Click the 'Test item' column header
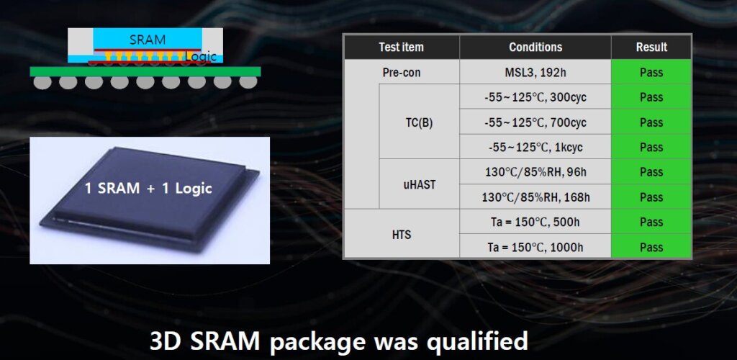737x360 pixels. pyautogui.click(x=402, y=47)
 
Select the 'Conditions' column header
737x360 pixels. pyautogui.click(x=535, y=47)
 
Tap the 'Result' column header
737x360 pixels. pyautogui.click(x=651, y=47)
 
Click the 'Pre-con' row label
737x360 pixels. pyautogui.click(x=402, y=73)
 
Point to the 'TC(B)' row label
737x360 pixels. pyautogui.click(x=420, y=122)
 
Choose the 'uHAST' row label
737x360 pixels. pyautogui.click(x=420, y=185)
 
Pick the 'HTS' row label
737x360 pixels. pyautogui.click(x=402, y=235)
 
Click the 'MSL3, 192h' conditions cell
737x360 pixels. pyautogui.click(x=535, y=73)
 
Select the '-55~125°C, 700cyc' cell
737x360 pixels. pyautogui.click(x=535, y=122)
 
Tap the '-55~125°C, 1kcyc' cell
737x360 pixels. pyautogui.click(x=535, y=148)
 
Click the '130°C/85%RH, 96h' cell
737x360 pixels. pyautogui.click(x=535, y=172)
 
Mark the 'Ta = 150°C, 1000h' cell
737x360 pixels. pyautogui.click(x=535, y=247)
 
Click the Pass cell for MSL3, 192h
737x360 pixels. pyautogui.click(x=651, y=73)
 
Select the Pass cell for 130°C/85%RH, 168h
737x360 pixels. pyautogui.click(x=651, y=197)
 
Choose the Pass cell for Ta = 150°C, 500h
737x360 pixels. pyautogui.click(x=651, y=222)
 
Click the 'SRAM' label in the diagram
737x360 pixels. pyautogui.click(x=148, y=40)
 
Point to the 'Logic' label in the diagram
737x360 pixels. pyautogui.click(x=202, y=57)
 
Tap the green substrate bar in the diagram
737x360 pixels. pyautogui.click(x=145, y=71)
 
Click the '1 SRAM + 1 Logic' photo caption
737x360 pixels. pyautogui.click(x=148, y=189)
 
